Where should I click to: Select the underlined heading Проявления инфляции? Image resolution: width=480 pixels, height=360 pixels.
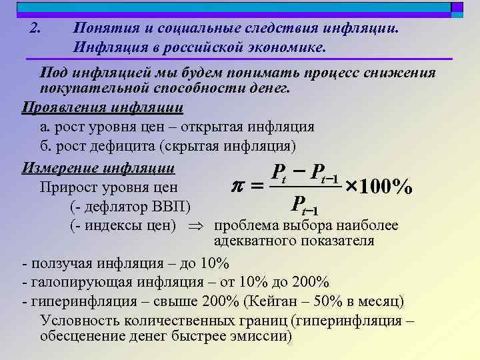(103, 108)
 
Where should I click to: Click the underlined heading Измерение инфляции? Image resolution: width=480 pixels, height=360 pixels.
(98, 168)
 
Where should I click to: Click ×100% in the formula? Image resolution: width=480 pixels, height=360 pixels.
(378, 187)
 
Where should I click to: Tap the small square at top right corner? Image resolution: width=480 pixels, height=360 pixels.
(457, 7)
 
